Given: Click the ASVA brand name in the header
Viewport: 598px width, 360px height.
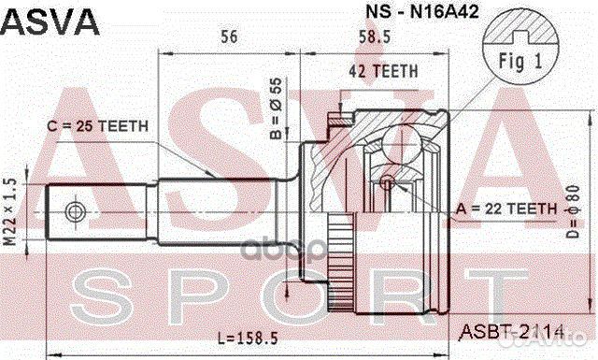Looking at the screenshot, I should tap(50, 22).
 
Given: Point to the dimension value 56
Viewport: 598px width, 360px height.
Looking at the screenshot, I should tap(227, 37).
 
